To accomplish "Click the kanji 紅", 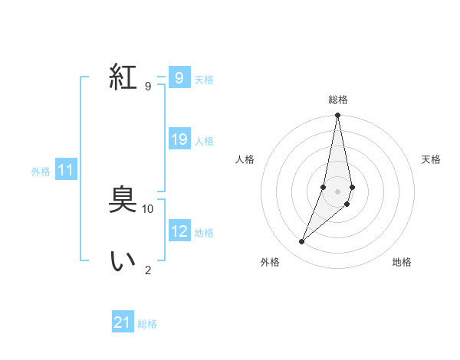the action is pos(123,77).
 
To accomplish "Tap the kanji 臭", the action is pos(123,201).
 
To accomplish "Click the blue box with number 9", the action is pos(179,78).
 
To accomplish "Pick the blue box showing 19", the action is pos(179,139).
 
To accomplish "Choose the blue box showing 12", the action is pos(179,231).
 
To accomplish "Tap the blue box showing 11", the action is pos(65,170).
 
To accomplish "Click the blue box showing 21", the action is pos(123,322).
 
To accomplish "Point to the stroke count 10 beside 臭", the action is pos(148,208).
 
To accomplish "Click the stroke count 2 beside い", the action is pos(148,270).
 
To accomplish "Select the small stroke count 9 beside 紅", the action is pos(148,86).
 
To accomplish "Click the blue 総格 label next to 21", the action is pos(147,324).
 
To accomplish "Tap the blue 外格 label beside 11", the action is pos(41,172).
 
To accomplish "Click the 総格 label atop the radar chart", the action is pos(338,100).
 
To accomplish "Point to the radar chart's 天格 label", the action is pos(432,159).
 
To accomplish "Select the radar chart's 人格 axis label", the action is pos(245,159).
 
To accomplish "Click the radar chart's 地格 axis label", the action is pos(402,262).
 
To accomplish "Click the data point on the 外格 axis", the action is pos(302,241).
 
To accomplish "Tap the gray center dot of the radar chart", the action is pos(338,191).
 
